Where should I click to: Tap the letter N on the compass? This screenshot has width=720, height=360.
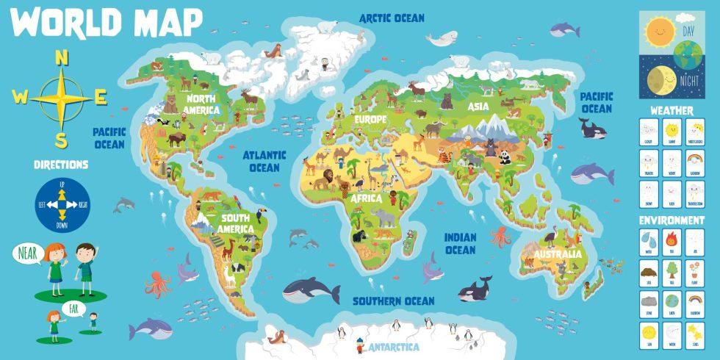pos(62,59)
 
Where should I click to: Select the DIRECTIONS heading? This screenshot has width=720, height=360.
pos(61,165)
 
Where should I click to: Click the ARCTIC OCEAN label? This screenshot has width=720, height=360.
pos(392,18)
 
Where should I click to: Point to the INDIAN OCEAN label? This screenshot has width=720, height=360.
pos(461,244)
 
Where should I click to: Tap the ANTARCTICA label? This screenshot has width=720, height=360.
pos(394,347)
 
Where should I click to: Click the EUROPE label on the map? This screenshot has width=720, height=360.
pos(370,119)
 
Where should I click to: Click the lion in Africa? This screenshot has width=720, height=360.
pos(325,179)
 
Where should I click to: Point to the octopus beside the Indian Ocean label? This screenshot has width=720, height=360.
pos(500,236)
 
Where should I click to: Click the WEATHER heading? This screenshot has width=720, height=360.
pos(672,110)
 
